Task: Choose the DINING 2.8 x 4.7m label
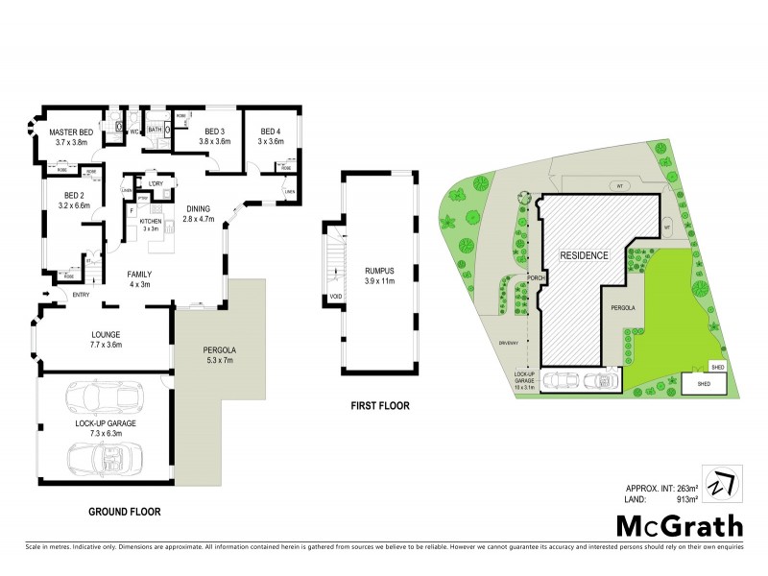[x=199, y=213]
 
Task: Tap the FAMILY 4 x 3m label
[x=140, y=279]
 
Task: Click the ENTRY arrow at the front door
[x=45, y=294]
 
